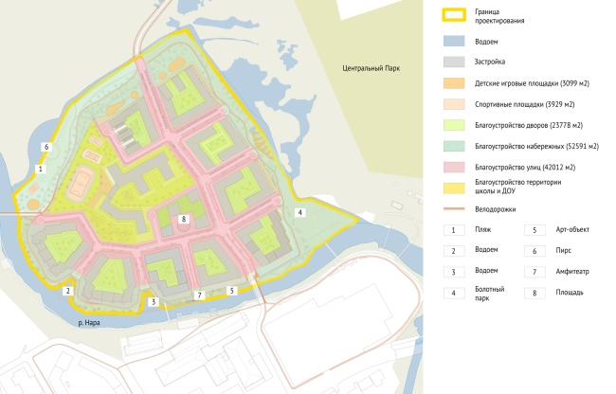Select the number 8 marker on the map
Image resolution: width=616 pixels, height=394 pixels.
pyautogui.click(x=184, y=219)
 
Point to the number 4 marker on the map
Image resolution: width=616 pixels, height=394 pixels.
pyautogui.click(x=300, y=213)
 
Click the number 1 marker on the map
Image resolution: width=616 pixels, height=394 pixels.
pyautogui.click(x=39, y=169)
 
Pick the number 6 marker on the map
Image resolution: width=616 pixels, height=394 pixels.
pyautogui.click(x=45, y=147)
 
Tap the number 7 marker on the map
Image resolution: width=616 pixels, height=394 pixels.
pyautogui.click(x=198, y=295)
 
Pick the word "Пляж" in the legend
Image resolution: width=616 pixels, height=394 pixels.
pyautogui.click(x=483, y=230)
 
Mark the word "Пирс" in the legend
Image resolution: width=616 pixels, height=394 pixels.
pyautogui.click(x=558, y=251)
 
